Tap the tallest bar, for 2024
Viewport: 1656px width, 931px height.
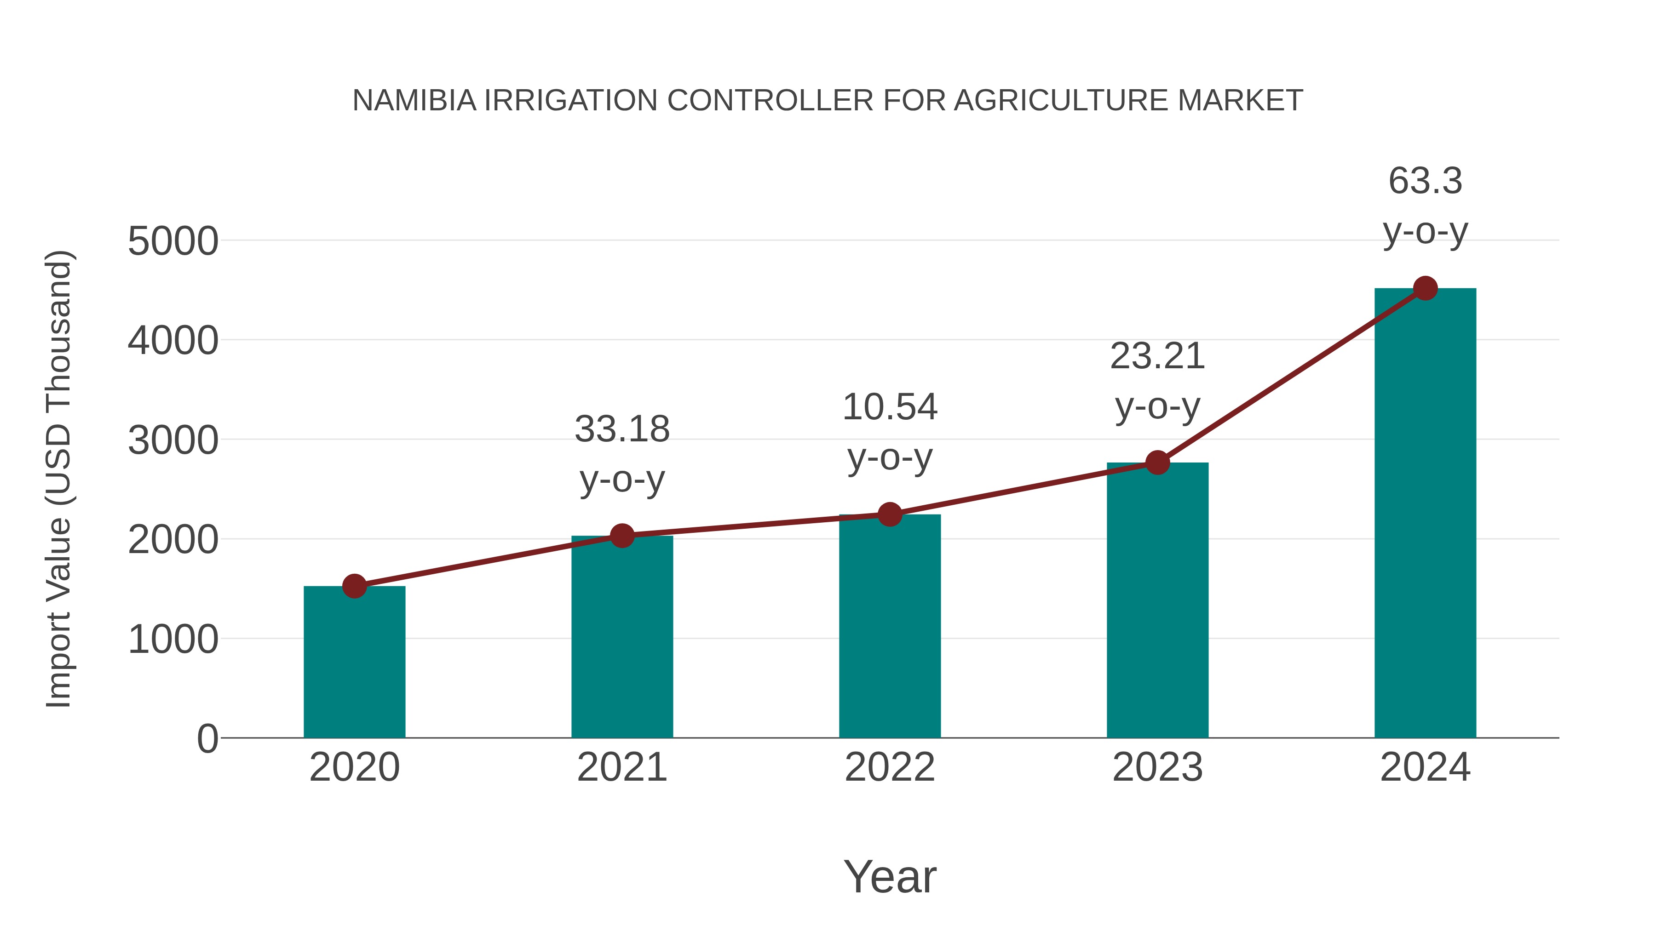[1425, 514]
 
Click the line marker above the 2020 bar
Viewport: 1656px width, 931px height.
[354, 586]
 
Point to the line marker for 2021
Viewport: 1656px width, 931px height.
[621, 535]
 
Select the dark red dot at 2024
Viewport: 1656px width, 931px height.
[1425, 288]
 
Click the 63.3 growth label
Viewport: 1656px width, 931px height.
[1425, 181]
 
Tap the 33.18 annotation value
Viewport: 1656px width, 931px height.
[621, 429]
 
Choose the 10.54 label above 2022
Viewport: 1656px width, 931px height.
[890, 407]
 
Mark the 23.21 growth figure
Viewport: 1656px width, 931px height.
[1157, 357]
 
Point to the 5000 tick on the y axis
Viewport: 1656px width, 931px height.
[173, 242]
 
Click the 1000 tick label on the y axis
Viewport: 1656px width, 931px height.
[173, 640]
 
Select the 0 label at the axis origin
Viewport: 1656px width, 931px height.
[207, 739]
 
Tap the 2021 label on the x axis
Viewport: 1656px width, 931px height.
[621, 768]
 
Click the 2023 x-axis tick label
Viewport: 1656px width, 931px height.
[1157, 768]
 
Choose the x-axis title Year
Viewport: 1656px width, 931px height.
[890, 877]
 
